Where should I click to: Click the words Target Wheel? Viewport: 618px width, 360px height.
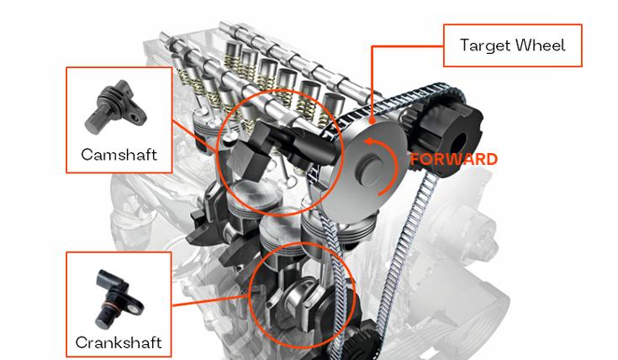click(x=512, y=45)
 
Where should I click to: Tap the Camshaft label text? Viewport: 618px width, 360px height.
click(x=119, y=155)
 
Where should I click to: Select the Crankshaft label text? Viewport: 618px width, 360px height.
click(x=119, y=342)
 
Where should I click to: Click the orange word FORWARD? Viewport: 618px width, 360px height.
click(x=454, y=159)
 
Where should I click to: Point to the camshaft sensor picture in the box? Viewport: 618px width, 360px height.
click(x=115, y=107)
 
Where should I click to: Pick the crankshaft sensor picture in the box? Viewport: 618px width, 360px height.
click(x=118, y=299)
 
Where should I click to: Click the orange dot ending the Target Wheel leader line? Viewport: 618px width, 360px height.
click(x=372, y=120)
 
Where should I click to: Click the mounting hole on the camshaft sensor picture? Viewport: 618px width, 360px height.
click(x=136, y=117)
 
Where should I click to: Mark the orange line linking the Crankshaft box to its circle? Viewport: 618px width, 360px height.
click(x=211, y=300)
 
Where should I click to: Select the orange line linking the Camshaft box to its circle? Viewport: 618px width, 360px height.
click(x=194, y=136)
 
